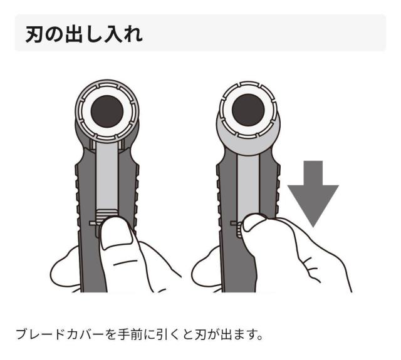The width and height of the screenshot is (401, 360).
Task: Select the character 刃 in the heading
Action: pyautogui.click(x=34, y=33)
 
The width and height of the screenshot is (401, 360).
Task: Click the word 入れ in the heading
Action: pyautogui.click(x=125, y=33)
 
